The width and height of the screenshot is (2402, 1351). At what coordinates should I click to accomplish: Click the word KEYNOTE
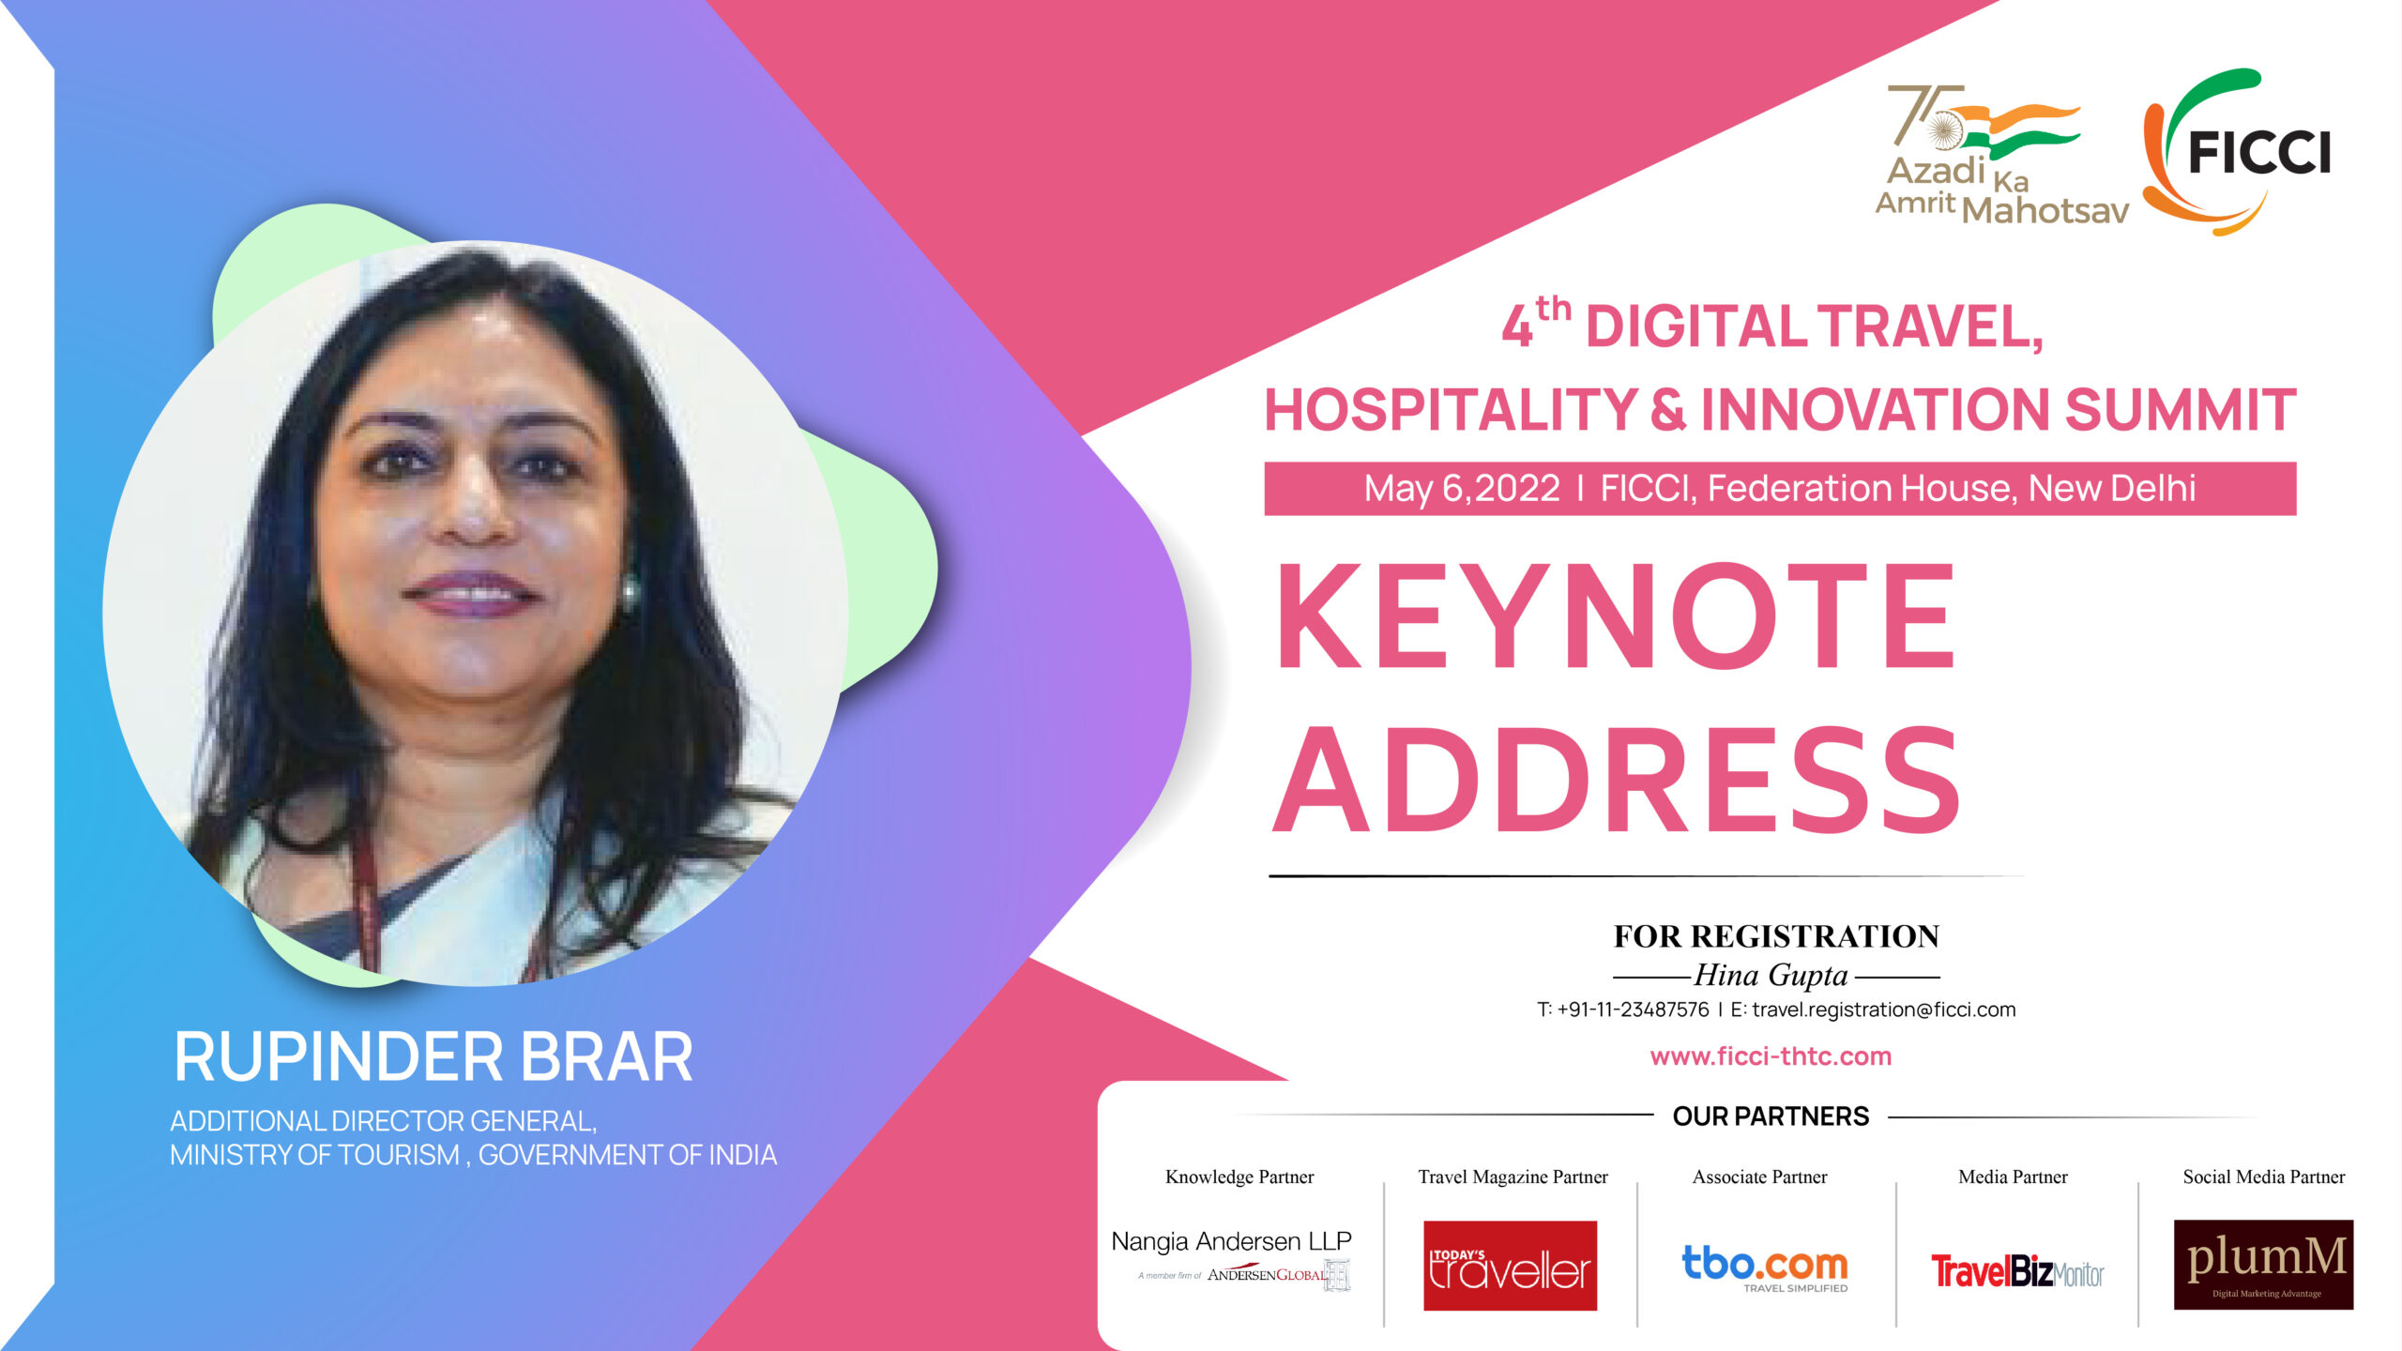pos(1616,615)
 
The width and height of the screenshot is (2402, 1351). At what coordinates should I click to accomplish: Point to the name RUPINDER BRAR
pos(433,1056)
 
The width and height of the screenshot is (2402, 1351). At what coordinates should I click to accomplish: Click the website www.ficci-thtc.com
pos(1771,1056)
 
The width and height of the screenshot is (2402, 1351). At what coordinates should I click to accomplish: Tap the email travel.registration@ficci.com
pos(1884,1009)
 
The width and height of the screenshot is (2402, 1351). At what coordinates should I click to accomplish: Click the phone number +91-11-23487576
pos(1633,1009)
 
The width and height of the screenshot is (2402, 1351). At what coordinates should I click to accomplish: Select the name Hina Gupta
pos(1771,976)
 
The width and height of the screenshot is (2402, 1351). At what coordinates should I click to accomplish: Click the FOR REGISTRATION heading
pos(1776,936)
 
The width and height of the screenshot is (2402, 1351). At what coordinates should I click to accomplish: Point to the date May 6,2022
pos(1462,489)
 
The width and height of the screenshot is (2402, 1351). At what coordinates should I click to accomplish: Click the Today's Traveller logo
pos(1510,1266)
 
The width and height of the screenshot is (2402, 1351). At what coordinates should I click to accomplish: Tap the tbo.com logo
pos(1765,1268)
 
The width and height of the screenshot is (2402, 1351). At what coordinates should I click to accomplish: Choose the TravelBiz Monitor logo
pos(2017,1272)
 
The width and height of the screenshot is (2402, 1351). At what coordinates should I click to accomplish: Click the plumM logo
pos(2263,1265)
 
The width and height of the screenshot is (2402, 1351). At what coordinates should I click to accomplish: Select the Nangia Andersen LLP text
pos(1231,1241)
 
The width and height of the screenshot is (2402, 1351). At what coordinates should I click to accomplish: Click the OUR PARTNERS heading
pos(1771,1116)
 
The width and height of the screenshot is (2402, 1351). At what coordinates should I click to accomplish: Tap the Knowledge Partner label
pos(1239,1176)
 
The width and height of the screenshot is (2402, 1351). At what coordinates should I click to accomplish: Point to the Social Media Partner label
pos(2263,1176)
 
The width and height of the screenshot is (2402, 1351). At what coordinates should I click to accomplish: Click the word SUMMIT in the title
pos(2180,410)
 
